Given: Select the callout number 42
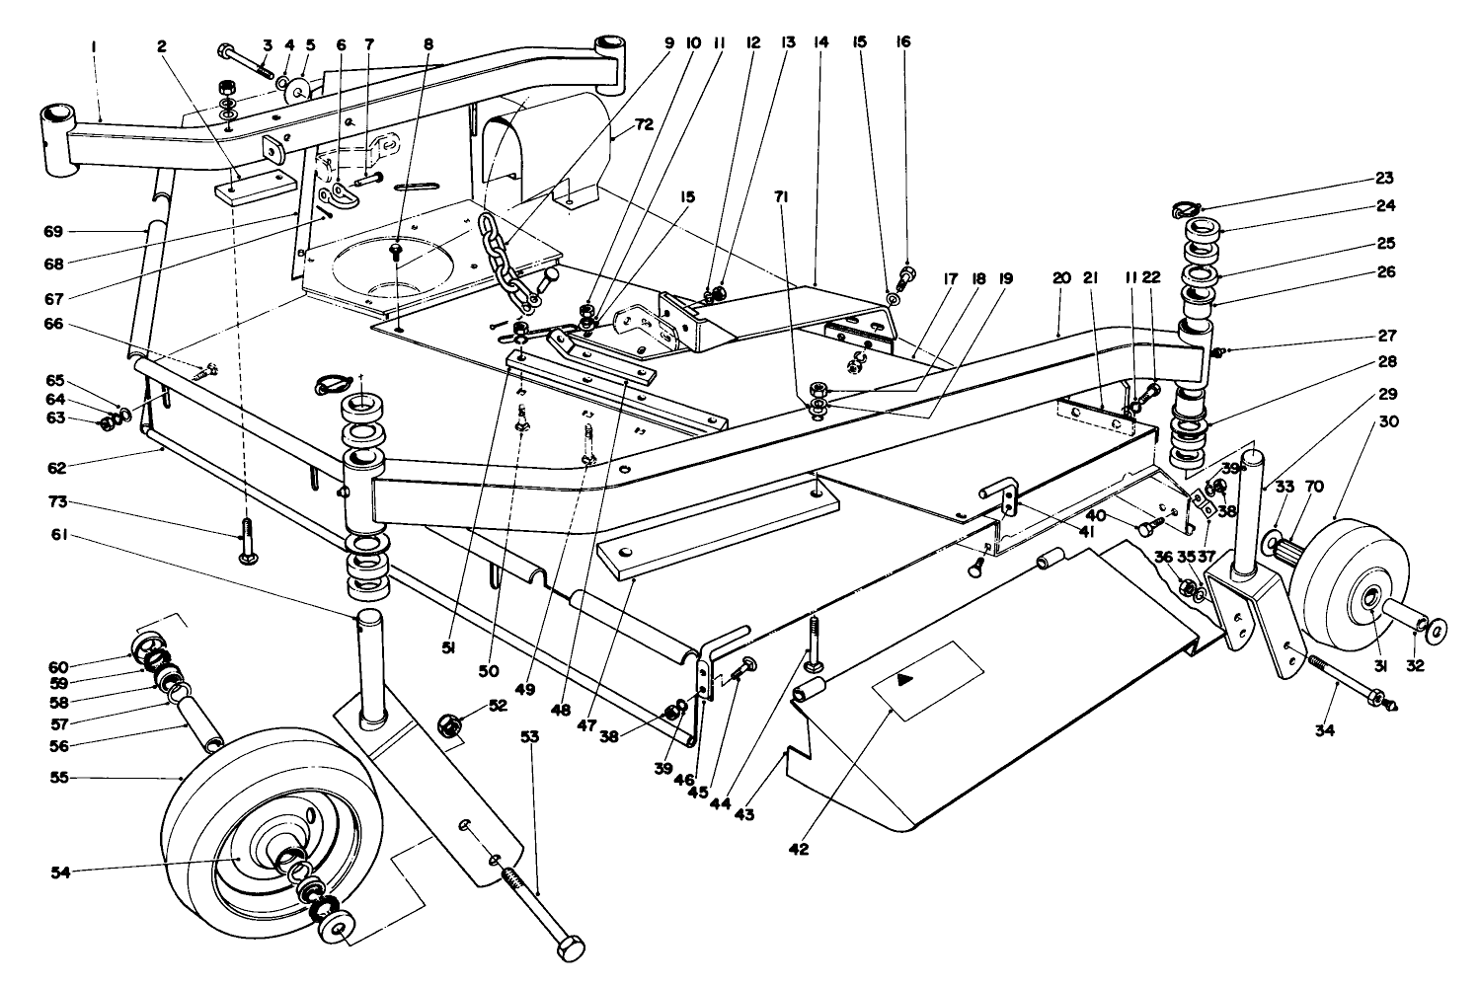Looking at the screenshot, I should [799, 849].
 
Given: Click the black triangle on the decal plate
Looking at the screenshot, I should [904, 680].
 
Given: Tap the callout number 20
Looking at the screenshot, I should [1061, 279].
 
